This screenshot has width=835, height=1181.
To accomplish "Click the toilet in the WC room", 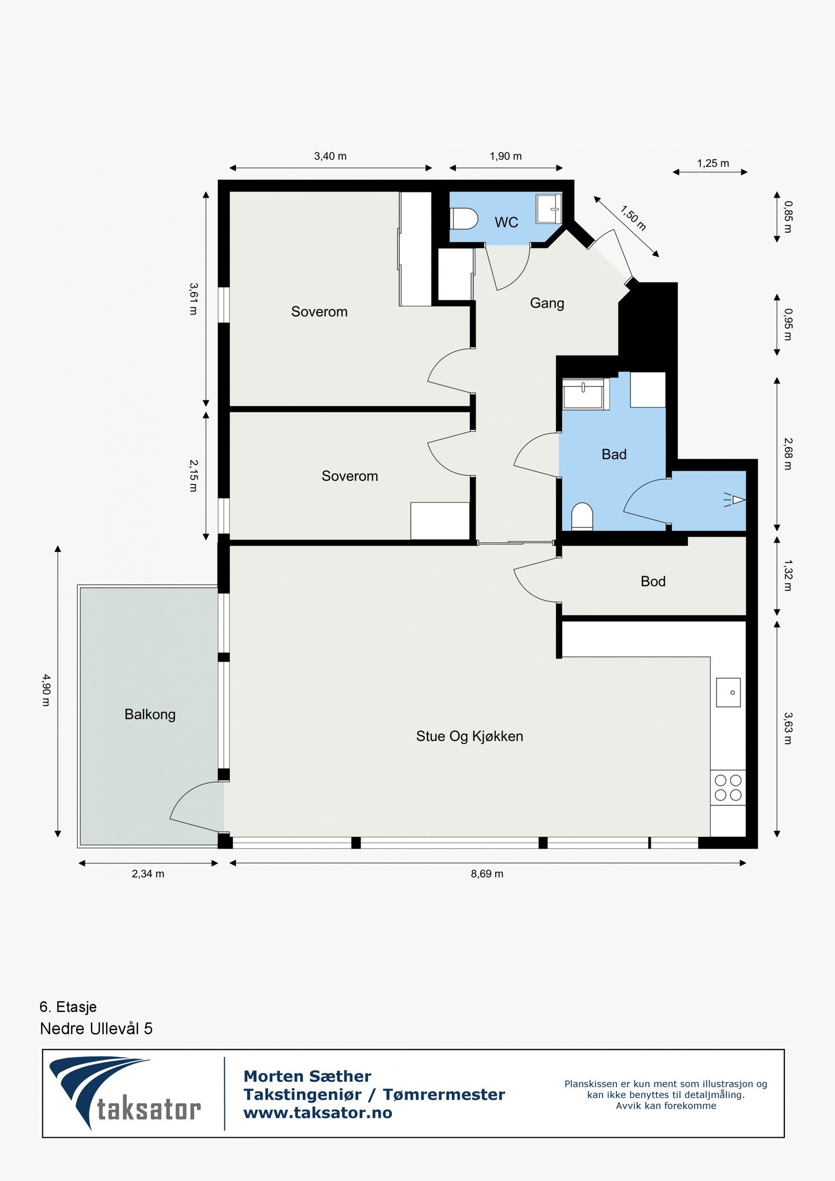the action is (464, 219).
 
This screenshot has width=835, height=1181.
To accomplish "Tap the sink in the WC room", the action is (549, 209).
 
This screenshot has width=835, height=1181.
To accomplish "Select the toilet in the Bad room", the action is (582, 517).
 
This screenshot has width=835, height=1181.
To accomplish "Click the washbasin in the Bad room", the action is (584, 393).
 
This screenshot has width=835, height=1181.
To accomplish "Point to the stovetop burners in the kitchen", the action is (729, 788).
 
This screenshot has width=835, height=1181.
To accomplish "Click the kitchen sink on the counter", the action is (729, 692).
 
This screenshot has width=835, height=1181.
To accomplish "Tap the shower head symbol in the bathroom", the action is (735, 500).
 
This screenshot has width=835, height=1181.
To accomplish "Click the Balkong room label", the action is (150, 714).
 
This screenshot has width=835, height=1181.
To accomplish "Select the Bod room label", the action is (653, 581).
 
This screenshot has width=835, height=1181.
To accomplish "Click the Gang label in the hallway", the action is (547, 303).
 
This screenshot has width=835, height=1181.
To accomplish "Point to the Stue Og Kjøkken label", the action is (470, 736).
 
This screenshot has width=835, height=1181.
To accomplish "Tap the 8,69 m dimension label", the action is (487, 874).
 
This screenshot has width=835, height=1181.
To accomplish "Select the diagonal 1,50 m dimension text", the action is (634, 218).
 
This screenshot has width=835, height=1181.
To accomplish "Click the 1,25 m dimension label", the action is (713, 163).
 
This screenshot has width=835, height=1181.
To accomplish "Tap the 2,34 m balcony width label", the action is (148, 874).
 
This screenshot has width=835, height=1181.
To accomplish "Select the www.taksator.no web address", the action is (318, 1113).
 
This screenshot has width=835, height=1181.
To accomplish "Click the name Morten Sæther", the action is (307, 1076).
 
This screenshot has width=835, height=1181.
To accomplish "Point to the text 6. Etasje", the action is (68, 1007).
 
